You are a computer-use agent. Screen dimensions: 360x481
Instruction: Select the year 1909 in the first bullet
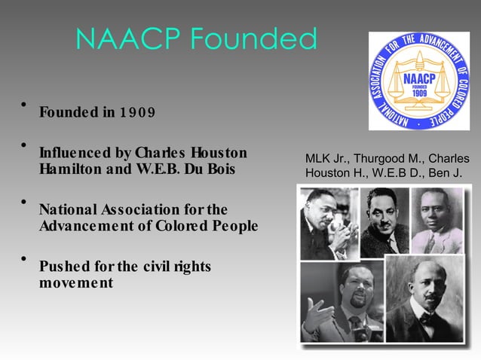click(x=137, y=113)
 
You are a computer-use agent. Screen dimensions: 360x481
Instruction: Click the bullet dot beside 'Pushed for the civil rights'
click(x=25, y=258)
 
